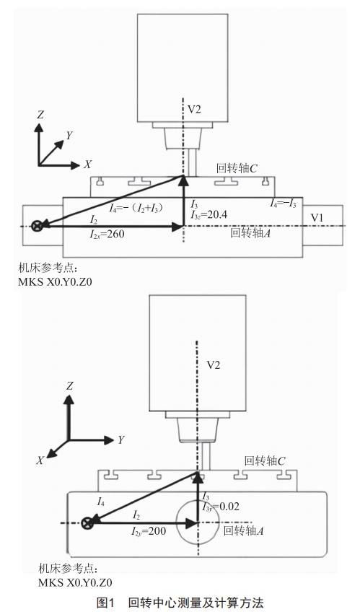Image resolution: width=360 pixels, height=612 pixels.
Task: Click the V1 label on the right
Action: tap(317, 217)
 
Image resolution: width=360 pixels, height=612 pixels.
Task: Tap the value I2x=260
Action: tap(107, 234)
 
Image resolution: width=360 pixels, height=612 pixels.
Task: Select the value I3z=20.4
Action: tap(208, 214)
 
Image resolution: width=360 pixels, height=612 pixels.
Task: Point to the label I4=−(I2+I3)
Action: tap(136, 208)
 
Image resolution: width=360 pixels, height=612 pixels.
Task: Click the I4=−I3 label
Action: tap(283, 203)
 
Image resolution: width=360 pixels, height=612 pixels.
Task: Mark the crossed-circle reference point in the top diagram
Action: tap(38, 226)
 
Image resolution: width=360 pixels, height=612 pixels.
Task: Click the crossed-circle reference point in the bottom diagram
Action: tap(87, 523)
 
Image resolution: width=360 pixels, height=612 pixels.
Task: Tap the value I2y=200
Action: tap(148, 531)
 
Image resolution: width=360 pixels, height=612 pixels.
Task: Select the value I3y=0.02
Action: tap(220, 507)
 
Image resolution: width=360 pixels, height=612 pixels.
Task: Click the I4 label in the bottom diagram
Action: tap(100, 502)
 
